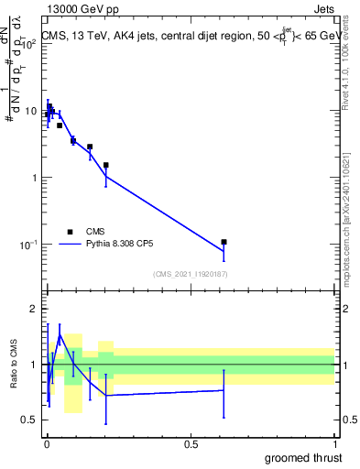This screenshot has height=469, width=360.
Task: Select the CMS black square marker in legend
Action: pos(70,232)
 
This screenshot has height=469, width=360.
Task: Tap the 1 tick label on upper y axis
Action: pos(34,178)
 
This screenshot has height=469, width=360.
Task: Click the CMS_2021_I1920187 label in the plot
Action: pos(191,274)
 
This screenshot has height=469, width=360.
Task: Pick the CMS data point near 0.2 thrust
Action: pos(106,165)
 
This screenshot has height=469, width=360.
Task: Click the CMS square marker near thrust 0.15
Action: pos(90,147)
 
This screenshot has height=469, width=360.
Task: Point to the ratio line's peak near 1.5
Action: pos(60,335)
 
